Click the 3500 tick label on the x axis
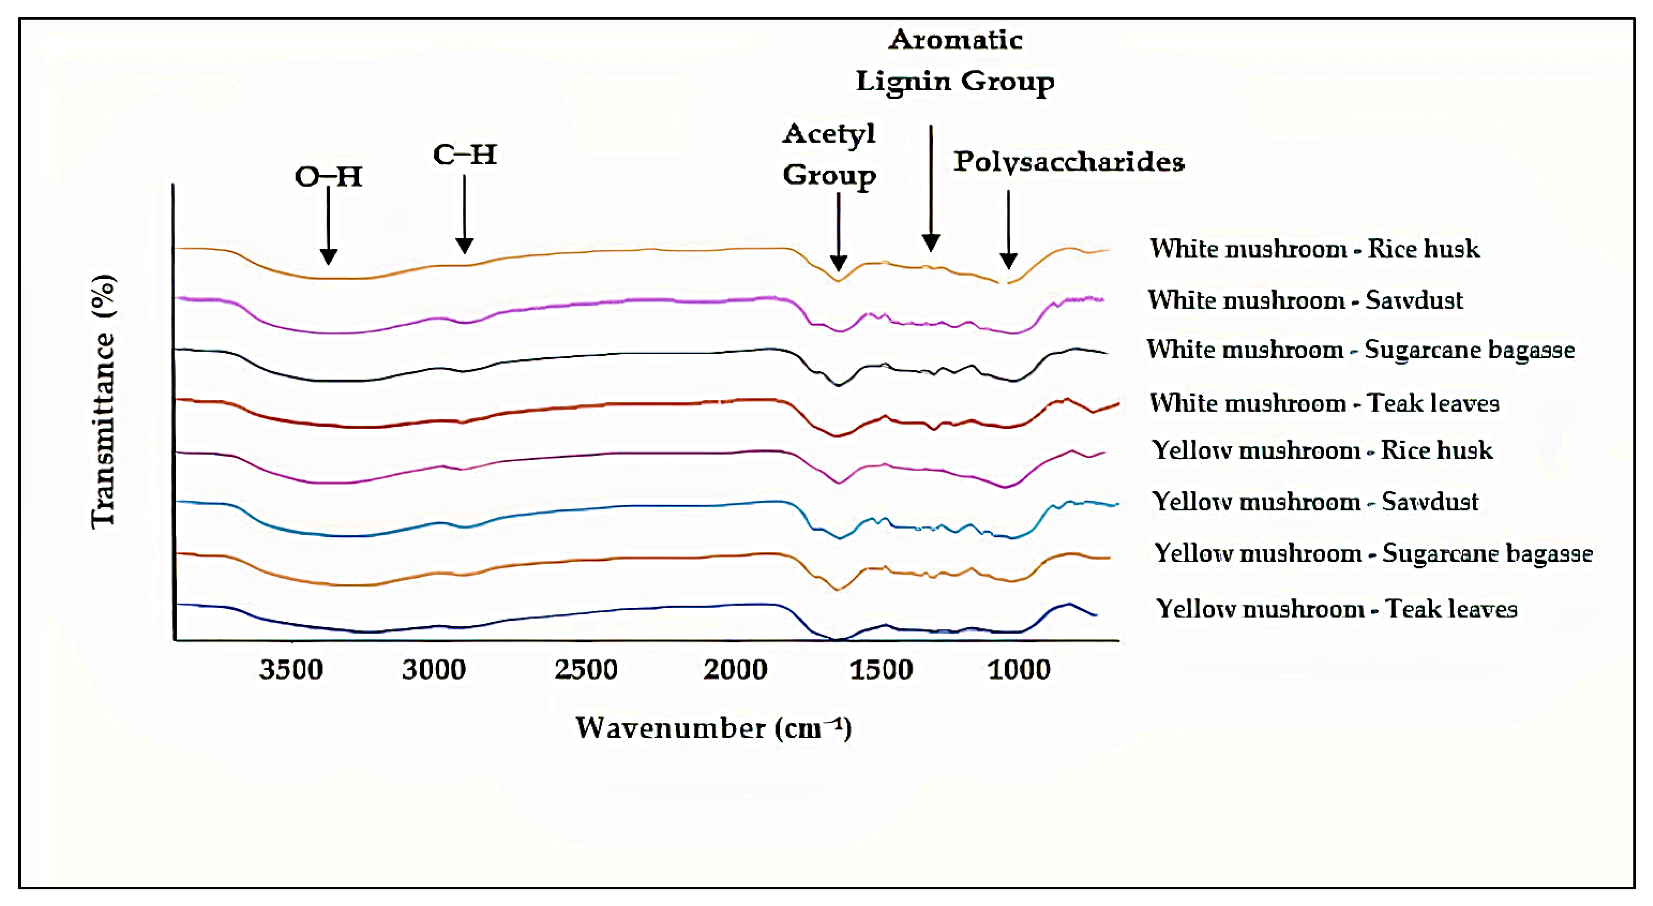[291, 670]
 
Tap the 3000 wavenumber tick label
[434, 670]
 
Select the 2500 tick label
[586, 670]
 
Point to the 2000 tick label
[735, 670]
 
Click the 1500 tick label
[881, 670]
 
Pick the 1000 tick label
[1019, 670]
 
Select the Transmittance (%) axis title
[103, 401]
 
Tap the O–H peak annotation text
[328, 177]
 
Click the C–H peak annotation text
[465, 155]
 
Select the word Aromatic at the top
[955, 40]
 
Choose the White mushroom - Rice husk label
[1314, 248]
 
